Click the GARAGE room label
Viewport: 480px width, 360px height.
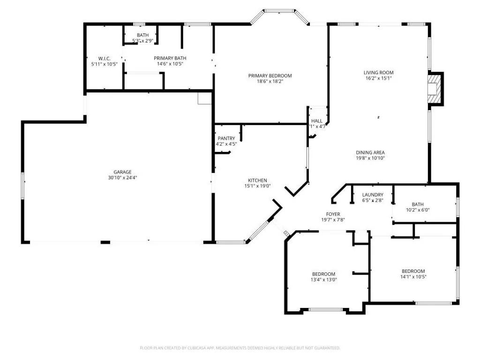122,172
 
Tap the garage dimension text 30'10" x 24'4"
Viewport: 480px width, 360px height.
122,178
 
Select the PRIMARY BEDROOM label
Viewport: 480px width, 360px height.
270,75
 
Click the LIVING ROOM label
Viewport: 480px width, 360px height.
378,73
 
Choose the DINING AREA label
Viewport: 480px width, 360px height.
370,152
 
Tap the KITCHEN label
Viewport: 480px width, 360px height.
257,180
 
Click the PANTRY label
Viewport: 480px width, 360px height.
226,138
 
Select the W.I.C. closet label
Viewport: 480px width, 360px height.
104,58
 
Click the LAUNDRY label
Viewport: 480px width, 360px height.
373,195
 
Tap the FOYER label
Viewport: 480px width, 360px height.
333,214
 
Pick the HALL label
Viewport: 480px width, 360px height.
317,121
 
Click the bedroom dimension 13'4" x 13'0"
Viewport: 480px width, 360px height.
324,280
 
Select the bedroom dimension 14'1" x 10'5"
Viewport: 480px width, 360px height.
413,277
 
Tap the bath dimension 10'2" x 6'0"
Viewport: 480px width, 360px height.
418,210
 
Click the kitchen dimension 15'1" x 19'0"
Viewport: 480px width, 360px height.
257,186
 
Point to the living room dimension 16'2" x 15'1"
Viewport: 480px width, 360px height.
378,78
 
